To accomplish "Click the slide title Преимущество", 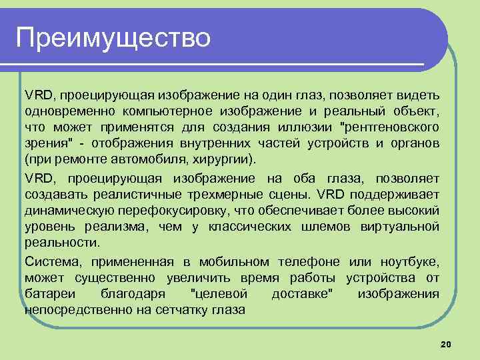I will coord(113,37).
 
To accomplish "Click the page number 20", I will coord(446,343).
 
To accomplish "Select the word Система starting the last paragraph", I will coord(49,261).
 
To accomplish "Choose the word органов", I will coord(414,143).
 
